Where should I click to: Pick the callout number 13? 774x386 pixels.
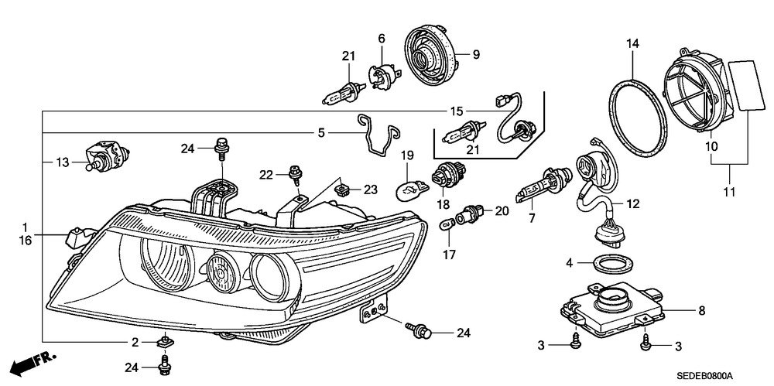point(63,162)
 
